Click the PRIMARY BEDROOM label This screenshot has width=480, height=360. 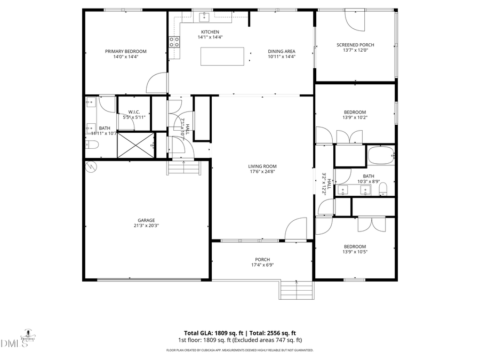125,51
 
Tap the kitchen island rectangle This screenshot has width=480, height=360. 222,57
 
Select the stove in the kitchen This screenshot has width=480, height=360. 174,42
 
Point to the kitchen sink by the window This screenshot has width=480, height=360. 204,18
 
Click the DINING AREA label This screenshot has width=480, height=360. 282,51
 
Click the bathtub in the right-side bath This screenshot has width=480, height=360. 381,156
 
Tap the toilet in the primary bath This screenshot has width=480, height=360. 92,146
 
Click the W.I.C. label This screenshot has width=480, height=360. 134,111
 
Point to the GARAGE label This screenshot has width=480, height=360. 146,220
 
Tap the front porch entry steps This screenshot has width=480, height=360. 296,291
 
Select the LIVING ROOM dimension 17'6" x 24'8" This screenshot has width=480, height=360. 262,172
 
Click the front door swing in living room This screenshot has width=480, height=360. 295,230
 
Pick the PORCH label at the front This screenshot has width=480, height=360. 262,260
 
